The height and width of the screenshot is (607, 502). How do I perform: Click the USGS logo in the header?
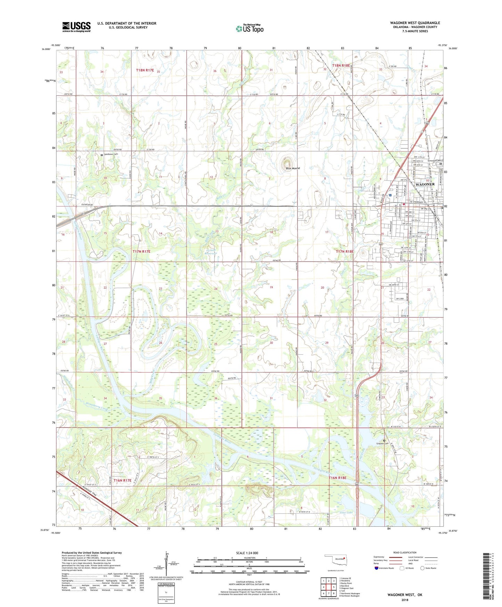point(76,27)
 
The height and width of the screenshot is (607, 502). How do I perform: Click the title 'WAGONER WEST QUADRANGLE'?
point(415,23)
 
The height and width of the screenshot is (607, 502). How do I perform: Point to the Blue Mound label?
point(293,169)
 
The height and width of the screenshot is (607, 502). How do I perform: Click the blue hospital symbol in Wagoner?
point(390,195)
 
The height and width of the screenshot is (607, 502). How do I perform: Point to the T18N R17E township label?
point(145,70)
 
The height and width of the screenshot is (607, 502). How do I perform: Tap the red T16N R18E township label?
point(338,478)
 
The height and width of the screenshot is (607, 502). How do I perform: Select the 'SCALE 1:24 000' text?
point(247,553)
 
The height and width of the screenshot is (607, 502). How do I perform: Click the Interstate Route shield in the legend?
point(377,568)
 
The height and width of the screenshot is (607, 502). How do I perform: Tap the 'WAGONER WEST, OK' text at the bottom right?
point(405,595)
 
